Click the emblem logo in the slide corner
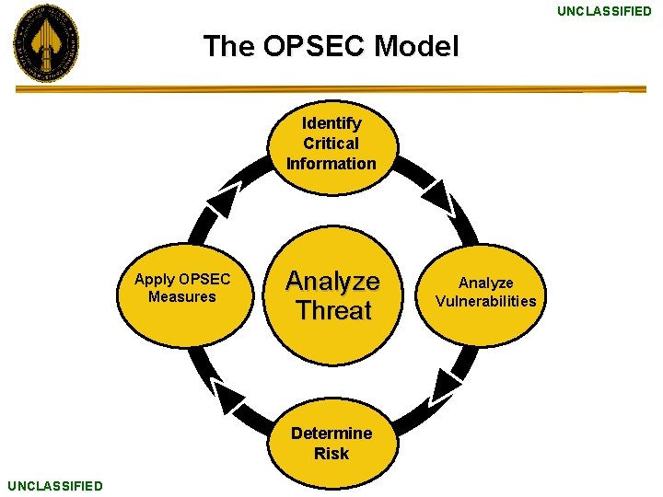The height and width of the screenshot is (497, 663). click(x=45, y=43)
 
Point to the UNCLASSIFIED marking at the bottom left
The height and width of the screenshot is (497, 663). click(x=54, y=485)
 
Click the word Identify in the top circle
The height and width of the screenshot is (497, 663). click(x=331, y=122)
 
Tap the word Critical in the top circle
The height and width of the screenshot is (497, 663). click(x=331, y=143)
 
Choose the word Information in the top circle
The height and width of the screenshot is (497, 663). click(x=331, y=164)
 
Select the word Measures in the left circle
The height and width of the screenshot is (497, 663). click(x=181, y=296)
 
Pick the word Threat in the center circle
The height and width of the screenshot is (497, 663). click(x=333, y=310)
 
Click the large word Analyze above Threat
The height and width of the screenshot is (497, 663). click(x=332, y=280)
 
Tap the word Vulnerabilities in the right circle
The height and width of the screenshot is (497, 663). click(x=485, y=301)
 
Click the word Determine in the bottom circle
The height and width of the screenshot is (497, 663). click(x=331, y=433)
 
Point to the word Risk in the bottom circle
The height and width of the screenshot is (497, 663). click(x=331, y=453)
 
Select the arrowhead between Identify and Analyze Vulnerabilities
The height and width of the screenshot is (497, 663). click(x=439, y=195)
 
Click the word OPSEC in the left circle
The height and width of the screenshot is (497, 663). click(x=204, y=279)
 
